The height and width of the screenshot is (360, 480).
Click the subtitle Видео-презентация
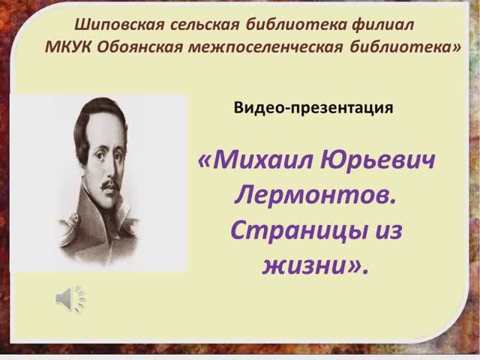click(313, 107)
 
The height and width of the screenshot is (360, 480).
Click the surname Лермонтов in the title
click(314, 196)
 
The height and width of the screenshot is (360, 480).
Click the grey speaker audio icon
click(70, 298)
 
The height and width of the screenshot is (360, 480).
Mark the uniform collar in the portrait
click(112, 225)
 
